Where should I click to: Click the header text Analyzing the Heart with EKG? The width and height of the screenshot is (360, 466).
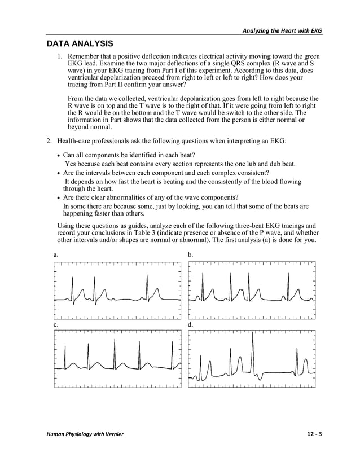tap(282, 30)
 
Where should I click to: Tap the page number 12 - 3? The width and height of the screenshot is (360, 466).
tap(314, 433)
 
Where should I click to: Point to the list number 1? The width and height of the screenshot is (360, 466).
tap(60, 57)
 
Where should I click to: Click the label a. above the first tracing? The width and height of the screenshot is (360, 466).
tap(56, 255)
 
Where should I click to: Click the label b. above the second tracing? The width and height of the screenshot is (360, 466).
tap(191, 255)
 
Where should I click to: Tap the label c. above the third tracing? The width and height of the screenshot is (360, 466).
tap(56, 325)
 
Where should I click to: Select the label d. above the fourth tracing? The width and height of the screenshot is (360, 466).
tap(191, 325)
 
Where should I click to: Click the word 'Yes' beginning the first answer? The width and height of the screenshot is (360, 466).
tap(71, 164)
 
